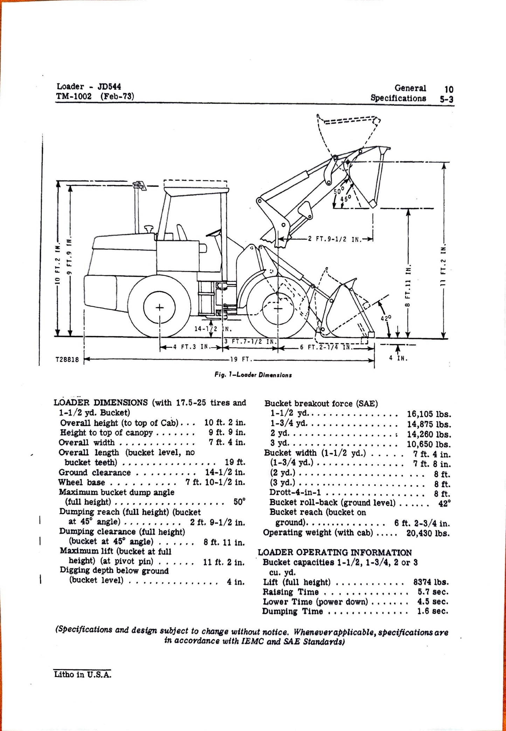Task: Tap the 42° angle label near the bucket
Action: [x=386, y=318]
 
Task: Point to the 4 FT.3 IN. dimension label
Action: [x=191, y=347]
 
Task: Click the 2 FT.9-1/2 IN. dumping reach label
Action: [x=331, y=239]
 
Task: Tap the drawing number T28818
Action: [x=67, y=359]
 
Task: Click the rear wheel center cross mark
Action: [x=160, y=308]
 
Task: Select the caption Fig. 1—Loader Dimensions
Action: [x=253, y=375]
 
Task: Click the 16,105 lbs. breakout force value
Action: [x=429, y=414]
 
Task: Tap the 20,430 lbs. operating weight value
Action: [x=428, y=533]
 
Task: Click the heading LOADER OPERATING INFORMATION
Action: [x=335, y=552]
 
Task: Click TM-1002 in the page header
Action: [x=74, y=96]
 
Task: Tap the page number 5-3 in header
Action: [x=446, y=99]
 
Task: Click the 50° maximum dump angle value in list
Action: [x=239, y=502]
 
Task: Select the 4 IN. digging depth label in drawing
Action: [x=398, y=358]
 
